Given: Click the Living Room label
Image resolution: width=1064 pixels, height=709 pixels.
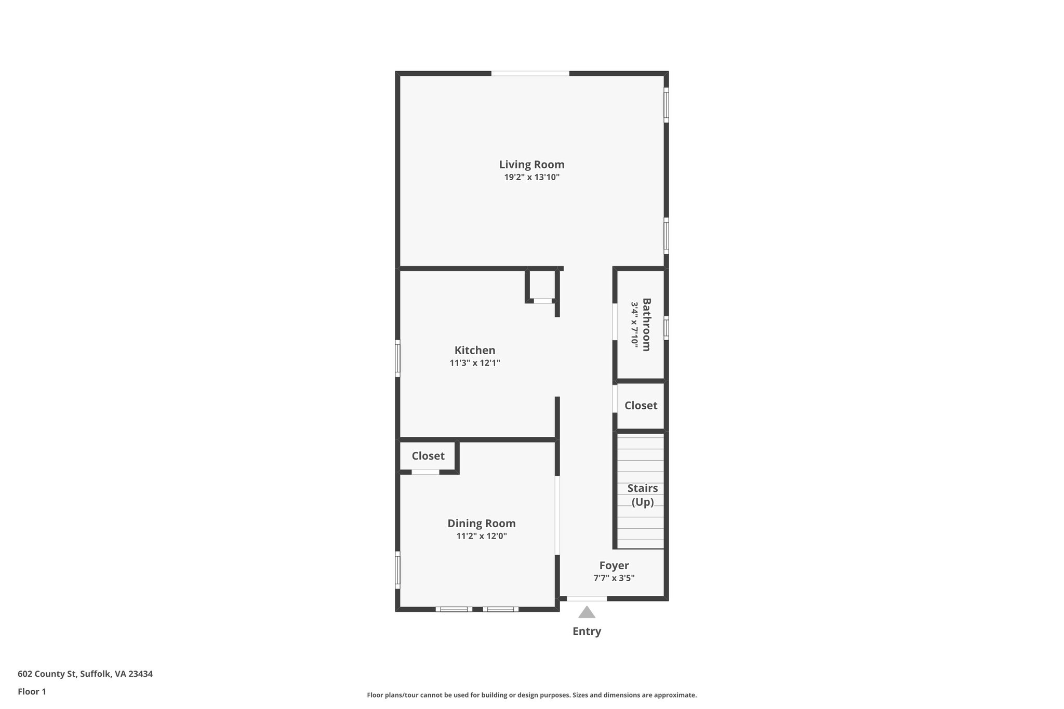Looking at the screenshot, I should (x=531, y=165).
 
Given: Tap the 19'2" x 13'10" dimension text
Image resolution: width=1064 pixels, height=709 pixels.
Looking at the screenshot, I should (x=531, y=177).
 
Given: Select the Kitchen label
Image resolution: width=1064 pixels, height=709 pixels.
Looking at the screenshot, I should (x=475, y=351).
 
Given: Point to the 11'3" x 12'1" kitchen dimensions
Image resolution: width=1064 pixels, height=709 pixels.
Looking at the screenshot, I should (x=475, y=363).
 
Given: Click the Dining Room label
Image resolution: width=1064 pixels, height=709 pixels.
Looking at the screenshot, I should (x=482, y=524).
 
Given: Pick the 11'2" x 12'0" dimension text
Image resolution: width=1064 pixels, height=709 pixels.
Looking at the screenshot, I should (x=482, y=536).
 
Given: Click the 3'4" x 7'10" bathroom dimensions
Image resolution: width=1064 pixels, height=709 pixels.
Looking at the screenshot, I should (x=634, y=325).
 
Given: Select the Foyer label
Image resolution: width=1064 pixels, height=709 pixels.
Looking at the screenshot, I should (x=614, y=566).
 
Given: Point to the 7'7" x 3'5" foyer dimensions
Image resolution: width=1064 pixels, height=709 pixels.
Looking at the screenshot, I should (x=614, y=578).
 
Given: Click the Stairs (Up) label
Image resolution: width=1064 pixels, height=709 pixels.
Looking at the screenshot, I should (x=643, y=495).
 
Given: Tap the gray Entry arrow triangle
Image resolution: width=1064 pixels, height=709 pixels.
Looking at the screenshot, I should (x=587, y=613).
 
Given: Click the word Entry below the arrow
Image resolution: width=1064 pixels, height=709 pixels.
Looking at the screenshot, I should (x=587, y=632).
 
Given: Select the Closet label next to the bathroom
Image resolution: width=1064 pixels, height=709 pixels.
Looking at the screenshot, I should (x=641, y=406).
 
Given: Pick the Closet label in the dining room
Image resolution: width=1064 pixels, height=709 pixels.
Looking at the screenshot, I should (x=428, y=456).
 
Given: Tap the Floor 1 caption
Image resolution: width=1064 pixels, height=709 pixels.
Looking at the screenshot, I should (x=32, y=692).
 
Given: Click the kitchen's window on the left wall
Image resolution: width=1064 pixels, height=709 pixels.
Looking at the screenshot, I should (x=398, y=358).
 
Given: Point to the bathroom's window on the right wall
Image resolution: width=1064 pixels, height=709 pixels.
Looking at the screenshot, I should (x=666, y=328).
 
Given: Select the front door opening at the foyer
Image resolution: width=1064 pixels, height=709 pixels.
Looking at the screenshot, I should (x=587, y=599).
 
